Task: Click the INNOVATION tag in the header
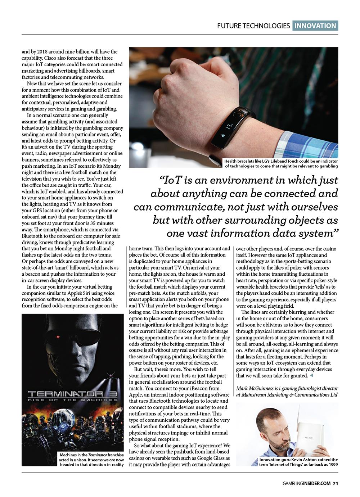click(x=315, y=26)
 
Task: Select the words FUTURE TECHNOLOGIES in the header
click(x=253, y=26)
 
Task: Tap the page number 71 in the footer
click(x=335, y=483)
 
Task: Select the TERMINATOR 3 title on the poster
click(x=73, y=394)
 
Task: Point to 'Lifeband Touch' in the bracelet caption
click(x=286, y=162)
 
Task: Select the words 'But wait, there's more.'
click(x=158, y=369)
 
